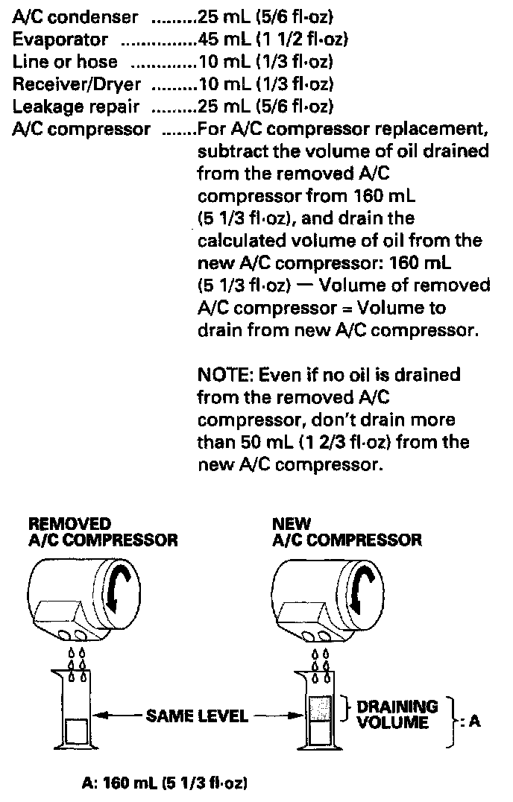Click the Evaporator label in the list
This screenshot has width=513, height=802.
pyautogui.click(x=60, y=38)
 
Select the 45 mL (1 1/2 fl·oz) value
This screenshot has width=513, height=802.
pyautogui.click(x=273, y=38)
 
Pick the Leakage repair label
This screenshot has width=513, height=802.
pyautogui.click(x=66, y=105)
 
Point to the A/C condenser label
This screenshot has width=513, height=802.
pyautogui.click(x=75, y=16)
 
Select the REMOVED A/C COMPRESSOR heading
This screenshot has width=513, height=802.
pyautogui.click(x=103, y=531)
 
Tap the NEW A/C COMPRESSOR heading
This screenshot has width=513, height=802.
pyautogui.click(x=347, y=531)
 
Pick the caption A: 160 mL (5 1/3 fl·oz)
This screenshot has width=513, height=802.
pyautogui.click(x=165, y=783)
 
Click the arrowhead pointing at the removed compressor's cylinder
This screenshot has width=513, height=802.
pyautogui.click(x=104, y=716)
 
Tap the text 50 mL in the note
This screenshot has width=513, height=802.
pyautogui.click(x=252, y=442)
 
